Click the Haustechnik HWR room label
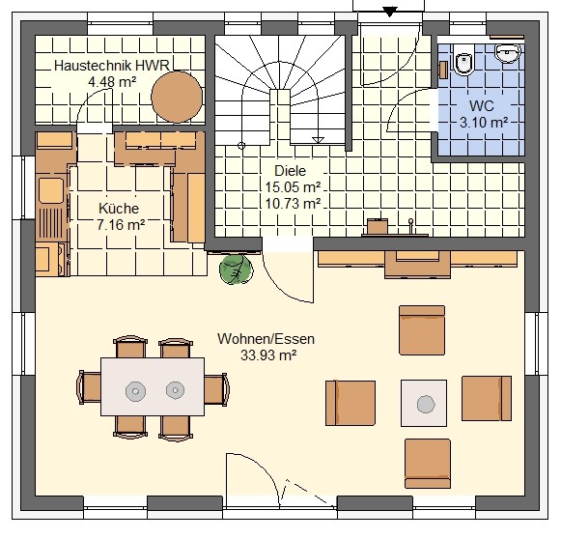112,66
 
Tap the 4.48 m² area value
112,82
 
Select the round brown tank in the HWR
177,97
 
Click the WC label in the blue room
481,106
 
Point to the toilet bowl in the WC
463,63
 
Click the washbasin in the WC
507,53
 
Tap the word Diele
291,171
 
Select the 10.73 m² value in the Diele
293,203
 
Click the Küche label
119,208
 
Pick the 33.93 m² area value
268,355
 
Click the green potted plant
236,269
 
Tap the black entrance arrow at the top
389,12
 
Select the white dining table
153,386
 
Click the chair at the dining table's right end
216,389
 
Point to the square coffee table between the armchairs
424,403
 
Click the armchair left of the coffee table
351,403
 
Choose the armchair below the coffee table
428,464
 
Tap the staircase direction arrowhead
318,140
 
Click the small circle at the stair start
241,145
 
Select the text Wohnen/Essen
266,339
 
